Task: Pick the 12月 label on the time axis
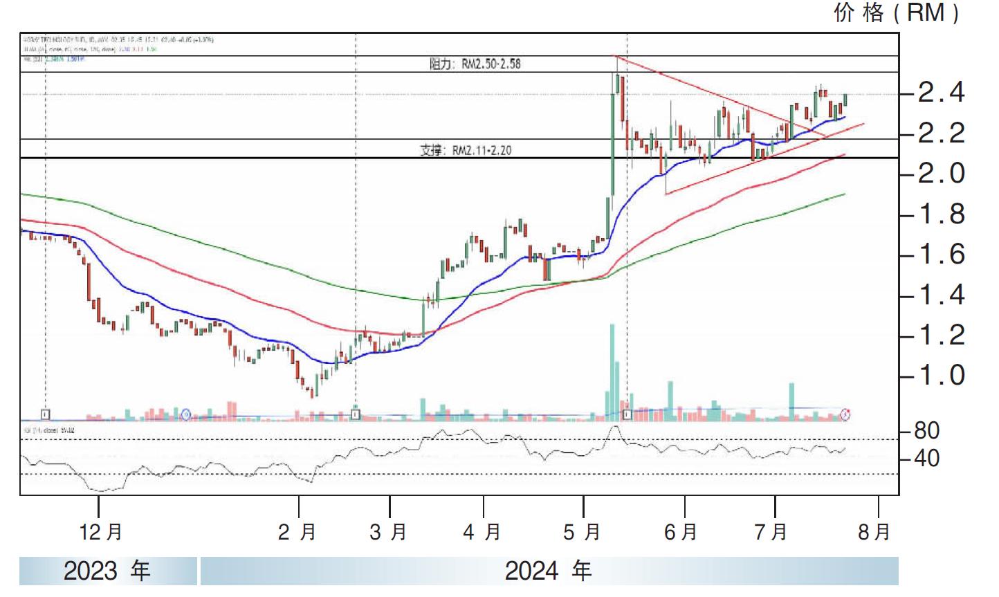101,532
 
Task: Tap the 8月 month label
874,532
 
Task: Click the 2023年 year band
107,571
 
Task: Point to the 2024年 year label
548,571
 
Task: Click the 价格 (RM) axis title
897,12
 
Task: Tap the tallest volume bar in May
612,370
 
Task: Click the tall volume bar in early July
791,400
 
